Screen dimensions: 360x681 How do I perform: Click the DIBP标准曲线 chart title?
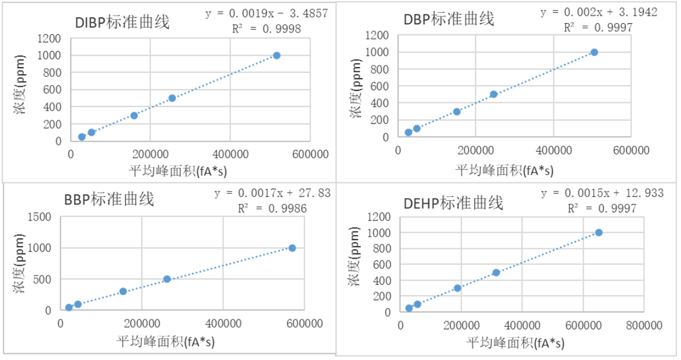coord(122,23)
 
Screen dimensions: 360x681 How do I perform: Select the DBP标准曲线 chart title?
coord(449,19)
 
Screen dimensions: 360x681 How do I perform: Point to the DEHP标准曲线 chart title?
coord(453,203)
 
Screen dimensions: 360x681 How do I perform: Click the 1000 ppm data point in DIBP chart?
coord(277,56)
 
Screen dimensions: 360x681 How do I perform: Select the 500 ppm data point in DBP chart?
coord(493,94)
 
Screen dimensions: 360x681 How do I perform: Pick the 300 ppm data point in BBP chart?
coord(123,291)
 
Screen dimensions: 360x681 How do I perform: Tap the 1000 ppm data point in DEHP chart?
coord(599,233)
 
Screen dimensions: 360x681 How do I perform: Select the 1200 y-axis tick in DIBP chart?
coord(50,39)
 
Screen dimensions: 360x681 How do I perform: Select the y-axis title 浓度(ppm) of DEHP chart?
coord(354,263)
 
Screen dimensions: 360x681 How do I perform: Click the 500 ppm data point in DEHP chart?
coord(496,273)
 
